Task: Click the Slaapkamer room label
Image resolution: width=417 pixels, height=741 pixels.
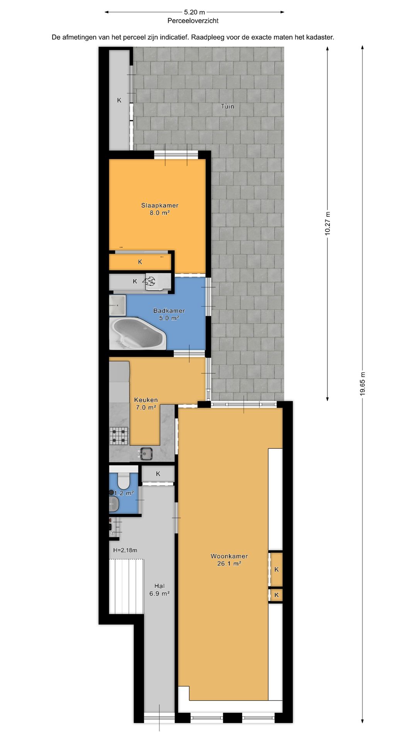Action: [x=159, y=206]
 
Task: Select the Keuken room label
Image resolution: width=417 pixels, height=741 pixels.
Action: [x=146, y=400]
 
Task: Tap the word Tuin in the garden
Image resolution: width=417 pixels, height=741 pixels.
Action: [x=227, y=107]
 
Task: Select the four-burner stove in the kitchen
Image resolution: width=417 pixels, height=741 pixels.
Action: [x=119, y=436]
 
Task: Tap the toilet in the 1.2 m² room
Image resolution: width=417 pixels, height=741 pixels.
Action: [x=123, y=480]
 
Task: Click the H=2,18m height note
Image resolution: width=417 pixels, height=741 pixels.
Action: [x=125, y=550]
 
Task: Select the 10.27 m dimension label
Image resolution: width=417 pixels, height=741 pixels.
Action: [x=327, y=223]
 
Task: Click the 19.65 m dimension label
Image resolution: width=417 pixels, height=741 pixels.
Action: [x=362, y=384]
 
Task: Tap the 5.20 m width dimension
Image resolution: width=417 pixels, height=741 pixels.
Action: [x=194, y=12]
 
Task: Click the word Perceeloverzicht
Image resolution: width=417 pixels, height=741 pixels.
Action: [x=193, y=21]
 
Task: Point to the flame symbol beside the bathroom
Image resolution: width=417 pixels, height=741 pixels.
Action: [x=150, y=281]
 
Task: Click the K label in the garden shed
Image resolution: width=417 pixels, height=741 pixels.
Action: [x=119, y=100]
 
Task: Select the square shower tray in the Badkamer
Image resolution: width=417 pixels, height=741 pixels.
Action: [x=117, y=305]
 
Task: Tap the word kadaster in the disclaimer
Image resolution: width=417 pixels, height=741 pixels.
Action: [x=320, y=37]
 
